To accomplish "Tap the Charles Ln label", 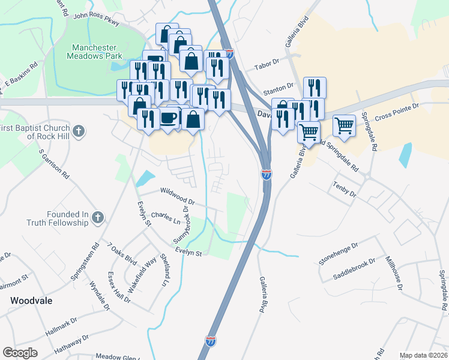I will pyautogui.click(x=166, y=217).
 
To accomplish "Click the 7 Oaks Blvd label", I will pyautogui.click(x=122, y=254).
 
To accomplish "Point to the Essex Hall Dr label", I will pyautogui.click(x=119, y=287).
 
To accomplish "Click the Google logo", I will pyautogui.click(x=20, y=352).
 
